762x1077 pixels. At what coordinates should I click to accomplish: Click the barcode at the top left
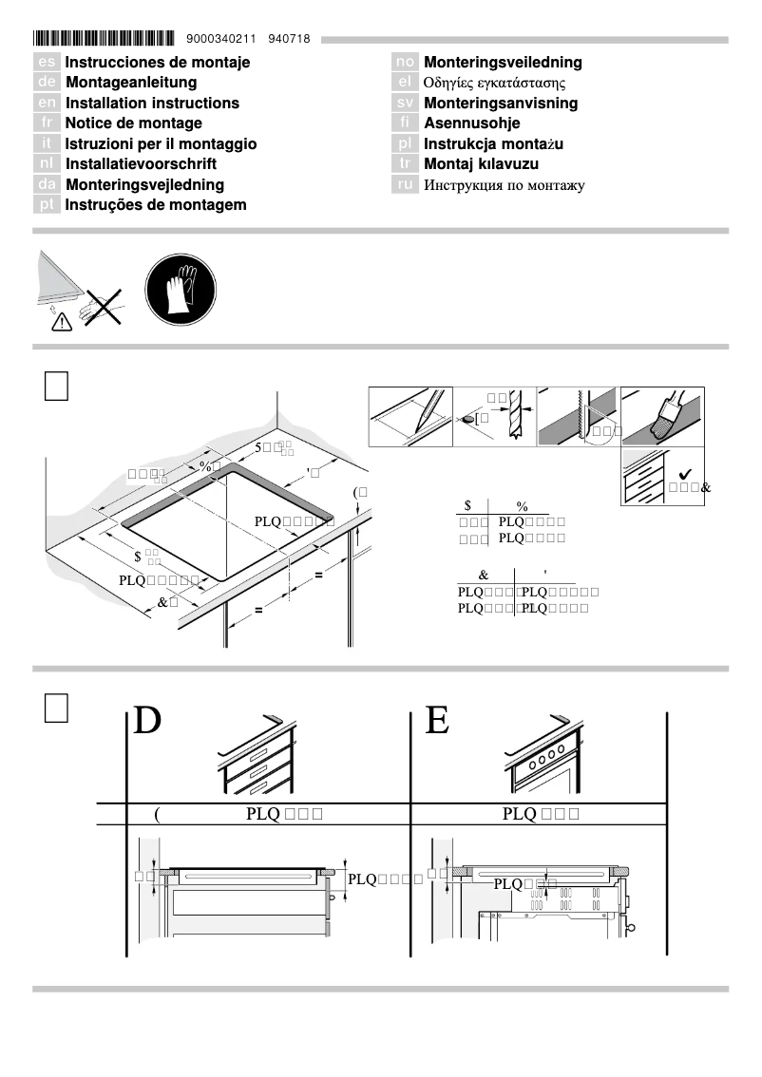pyautogui.click(x=104, y=40)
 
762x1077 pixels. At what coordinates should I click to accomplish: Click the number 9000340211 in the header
pyautogui.click(x=221, y=40)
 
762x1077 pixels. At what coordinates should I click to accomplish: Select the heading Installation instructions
pyautogui.click(x=152, y=103)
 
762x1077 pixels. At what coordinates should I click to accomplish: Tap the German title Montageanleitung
pyautogui.click(x=131, y=83)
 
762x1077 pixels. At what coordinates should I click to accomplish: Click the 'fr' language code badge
pyautogui.click(x=47, y=123)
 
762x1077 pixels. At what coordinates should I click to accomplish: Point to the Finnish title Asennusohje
pyautogui.click(x=472, y=123)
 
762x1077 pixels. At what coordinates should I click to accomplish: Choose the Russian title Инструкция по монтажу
pyautogui.click(x=504, y=185)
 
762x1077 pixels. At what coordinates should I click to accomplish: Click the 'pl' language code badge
pyautogui.click(x=406, y=144)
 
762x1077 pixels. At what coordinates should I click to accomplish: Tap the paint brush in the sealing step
pyautogui.click(x=672, y=414)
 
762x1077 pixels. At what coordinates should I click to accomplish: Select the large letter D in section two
pyautogui.click(x=147, y=722)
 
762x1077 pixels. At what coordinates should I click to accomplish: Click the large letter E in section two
pyautogui.click(x=436, y=722)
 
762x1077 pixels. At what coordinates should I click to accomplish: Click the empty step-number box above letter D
pyautogui.click(x=56, y=709)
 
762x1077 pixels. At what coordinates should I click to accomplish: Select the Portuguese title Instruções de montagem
pyautogui.click(x=156, y=205)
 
